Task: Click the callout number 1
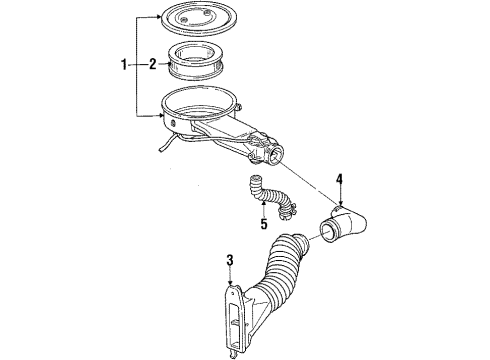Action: pos(125,66)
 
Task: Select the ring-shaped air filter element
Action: pos(196,64)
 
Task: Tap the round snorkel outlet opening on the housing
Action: pos(271,155)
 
